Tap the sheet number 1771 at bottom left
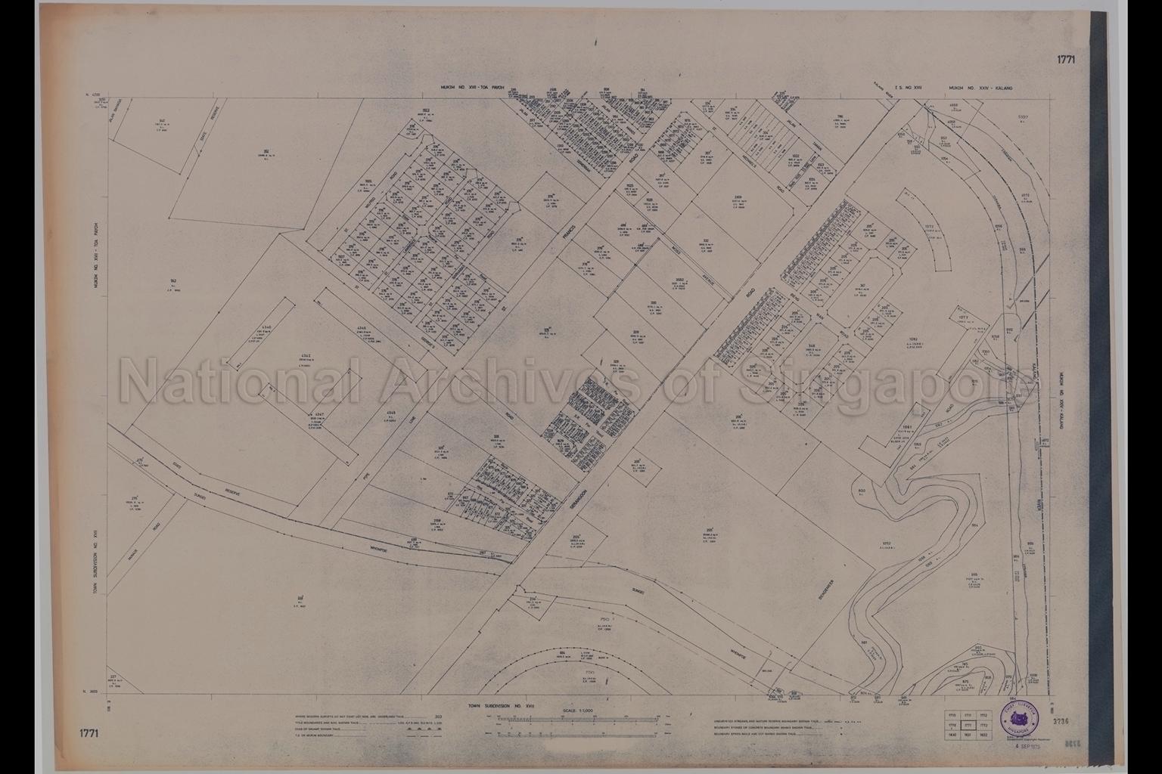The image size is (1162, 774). point(89,732)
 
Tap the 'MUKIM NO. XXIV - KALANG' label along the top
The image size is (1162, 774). point(980,88)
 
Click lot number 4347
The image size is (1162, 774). point(320,415)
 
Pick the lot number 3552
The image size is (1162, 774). point(680,279)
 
